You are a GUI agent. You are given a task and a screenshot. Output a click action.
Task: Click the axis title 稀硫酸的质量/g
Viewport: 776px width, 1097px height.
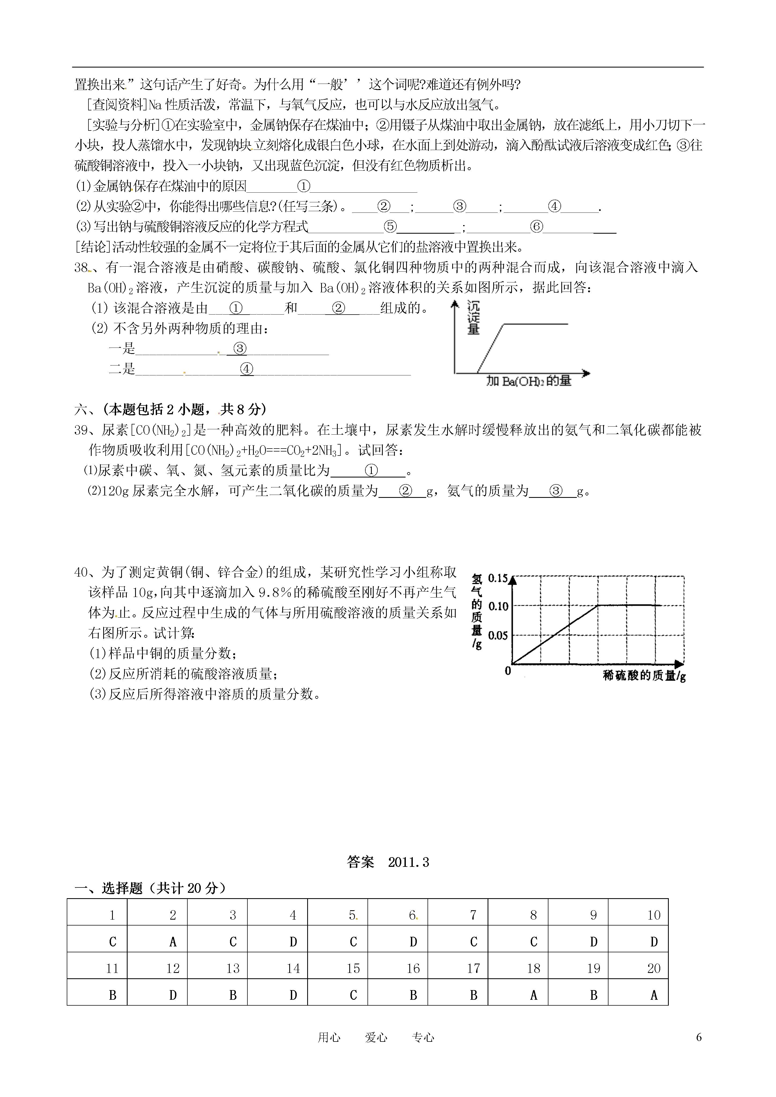(x=644, y=676)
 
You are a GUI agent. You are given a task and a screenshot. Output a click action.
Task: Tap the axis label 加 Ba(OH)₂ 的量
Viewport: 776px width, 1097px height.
(x=529, y=381)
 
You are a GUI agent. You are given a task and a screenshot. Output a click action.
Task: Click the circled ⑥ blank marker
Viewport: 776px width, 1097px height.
(x=537, y=226)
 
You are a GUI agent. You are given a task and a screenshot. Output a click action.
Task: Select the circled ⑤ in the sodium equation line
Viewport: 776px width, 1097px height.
(x=390, y=226)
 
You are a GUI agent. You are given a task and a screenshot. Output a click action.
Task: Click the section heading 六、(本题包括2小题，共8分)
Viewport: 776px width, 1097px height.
(x=170, y=409)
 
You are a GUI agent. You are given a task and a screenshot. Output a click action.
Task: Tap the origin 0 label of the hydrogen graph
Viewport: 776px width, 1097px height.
(x=507, y=671)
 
